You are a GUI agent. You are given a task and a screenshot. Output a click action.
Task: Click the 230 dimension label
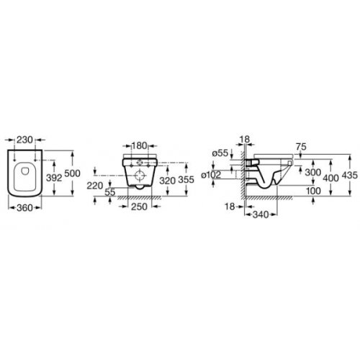[x=25, y=140]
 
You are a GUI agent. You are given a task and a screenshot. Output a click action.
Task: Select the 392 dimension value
[x=54, y=178]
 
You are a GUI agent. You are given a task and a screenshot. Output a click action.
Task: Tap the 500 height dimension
[x=72, y=174]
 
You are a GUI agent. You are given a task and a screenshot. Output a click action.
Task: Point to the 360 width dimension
[x=24, y=208]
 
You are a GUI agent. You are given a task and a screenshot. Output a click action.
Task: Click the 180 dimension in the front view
[x=139, y=145]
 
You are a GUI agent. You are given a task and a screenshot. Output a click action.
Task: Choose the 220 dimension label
[x=95, y=185]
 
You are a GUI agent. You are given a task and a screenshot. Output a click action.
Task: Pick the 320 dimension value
[x=168, y=181]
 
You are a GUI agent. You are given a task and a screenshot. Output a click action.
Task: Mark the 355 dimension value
[x=186, y=180]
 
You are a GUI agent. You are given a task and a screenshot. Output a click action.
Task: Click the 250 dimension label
[x=139, y=207]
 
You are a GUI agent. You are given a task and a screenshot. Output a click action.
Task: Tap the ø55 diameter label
[x=220, y=153]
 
